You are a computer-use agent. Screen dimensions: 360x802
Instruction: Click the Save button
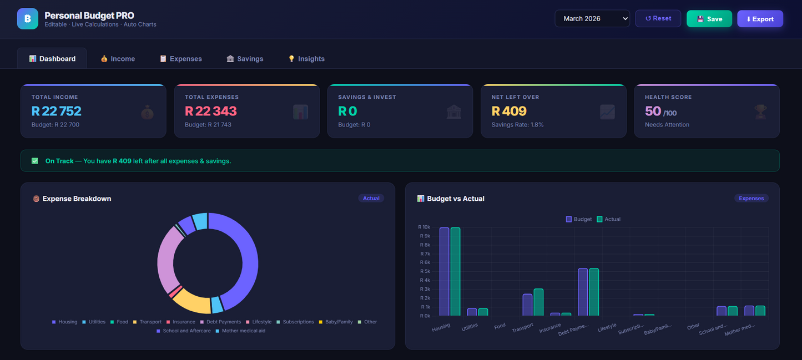pos(709,19)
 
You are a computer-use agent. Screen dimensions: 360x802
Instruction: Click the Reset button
pos(658,18)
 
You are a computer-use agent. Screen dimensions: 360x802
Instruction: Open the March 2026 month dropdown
pos(592,18)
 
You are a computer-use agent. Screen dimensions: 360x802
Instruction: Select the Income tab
pos(118,59)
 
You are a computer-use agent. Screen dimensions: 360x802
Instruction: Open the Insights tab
pos(306,59)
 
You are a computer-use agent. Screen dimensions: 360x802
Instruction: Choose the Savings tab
pos(245,59)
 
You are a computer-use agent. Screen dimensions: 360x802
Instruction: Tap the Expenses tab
pos(180,59)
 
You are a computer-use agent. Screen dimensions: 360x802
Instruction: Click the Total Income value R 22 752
pos(57,111)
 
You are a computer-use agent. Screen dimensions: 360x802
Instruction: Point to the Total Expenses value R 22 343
pos(211,111)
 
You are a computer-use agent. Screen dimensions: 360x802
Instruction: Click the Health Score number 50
pos(653,111)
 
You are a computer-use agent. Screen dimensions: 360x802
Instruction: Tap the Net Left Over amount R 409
pos(509,111)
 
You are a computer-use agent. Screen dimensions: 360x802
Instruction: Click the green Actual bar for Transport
pos(538,302)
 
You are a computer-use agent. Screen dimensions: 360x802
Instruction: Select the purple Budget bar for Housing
pos(444,272)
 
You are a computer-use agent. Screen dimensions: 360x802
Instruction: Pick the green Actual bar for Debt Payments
pos(594,292)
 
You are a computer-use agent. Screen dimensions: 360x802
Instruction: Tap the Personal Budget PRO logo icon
pos(28,19)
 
